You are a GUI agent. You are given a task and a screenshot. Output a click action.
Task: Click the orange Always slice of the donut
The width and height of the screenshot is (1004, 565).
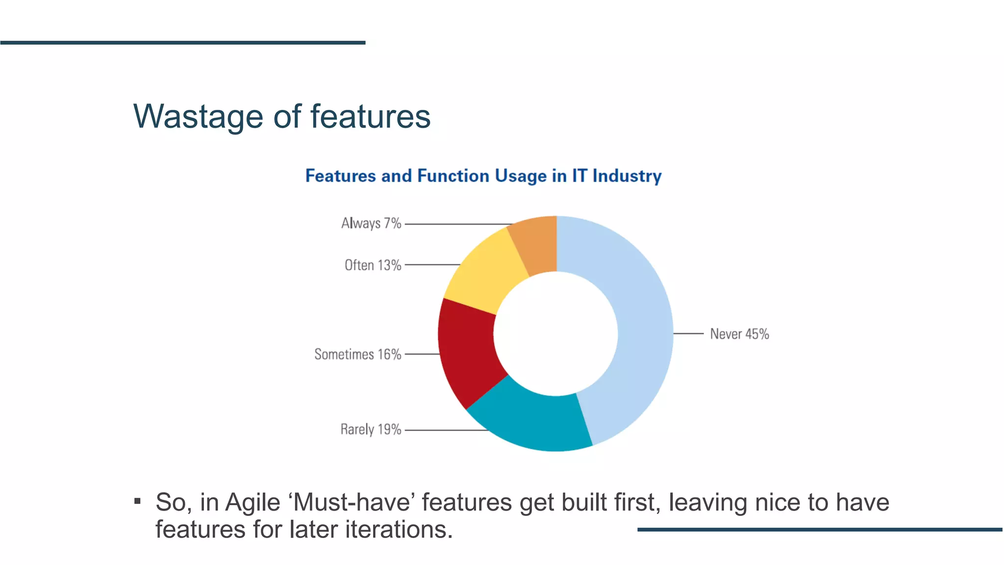coord(537,245)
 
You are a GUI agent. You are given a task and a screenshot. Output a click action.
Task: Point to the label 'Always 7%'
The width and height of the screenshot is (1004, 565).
coord(371,224)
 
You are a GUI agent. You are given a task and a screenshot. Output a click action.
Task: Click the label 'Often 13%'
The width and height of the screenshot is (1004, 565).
coord(373,265)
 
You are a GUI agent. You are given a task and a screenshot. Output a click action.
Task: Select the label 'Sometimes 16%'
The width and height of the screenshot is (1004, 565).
coord(357,354)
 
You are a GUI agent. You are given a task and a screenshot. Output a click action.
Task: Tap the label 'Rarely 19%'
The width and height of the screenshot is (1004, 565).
coord(371,430)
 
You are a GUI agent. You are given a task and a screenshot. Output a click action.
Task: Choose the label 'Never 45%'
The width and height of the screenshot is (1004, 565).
coord(739,334)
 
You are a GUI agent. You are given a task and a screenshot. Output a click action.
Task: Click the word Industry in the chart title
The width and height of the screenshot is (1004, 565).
coord(627,176)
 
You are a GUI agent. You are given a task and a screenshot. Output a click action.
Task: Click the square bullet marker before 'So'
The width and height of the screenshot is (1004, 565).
coord(138,501)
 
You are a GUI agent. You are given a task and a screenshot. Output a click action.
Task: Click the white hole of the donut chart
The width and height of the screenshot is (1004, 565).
coord(555,334)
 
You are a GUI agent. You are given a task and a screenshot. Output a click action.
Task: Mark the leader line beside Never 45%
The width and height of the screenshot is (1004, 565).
coord(688,334)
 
